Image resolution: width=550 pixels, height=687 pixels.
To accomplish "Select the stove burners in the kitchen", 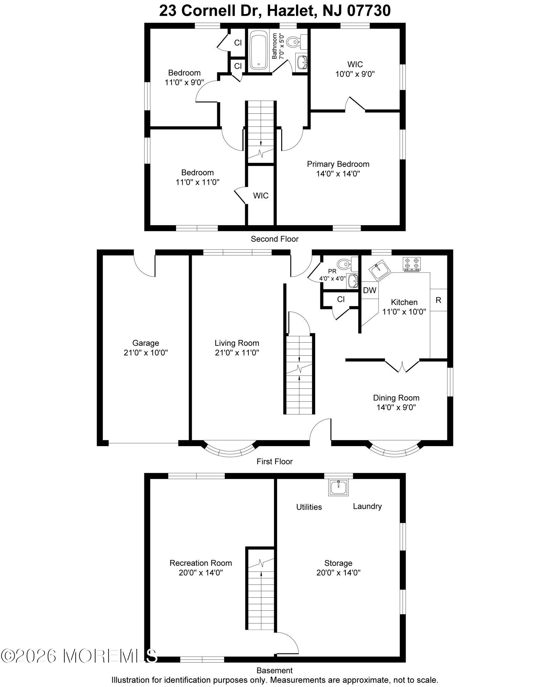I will [x=412, y=263].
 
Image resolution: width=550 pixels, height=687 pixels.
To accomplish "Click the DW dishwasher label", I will [x=370, y=290].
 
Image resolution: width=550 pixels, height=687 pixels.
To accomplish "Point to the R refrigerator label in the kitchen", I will [x=438, y=300].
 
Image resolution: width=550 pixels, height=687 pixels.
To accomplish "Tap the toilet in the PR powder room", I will [x=344, y=264].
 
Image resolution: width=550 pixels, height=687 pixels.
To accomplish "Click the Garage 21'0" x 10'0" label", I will [x=146, y=348].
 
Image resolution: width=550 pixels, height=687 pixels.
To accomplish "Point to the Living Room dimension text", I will [x=237, y=353].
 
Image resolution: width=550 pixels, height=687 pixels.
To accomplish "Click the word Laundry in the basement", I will [x=367, y=506].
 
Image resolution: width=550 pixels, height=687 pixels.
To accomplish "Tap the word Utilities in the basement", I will [x=309, y=507].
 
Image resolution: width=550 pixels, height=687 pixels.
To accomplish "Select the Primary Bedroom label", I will [x=338, y=164].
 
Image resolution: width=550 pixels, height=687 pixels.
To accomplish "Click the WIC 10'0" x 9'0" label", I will [x=355, y=69].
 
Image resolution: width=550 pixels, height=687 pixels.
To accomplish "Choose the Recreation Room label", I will [x=201, y=563].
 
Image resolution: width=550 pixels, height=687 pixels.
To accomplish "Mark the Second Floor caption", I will [x=274, y=239].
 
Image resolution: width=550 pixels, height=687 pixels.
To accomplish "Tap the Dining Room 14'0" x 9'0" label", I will [x=396, y=402].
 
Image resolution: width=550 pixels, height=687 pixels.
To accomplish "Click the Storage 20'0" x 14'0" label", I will [x=338, y=568].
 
